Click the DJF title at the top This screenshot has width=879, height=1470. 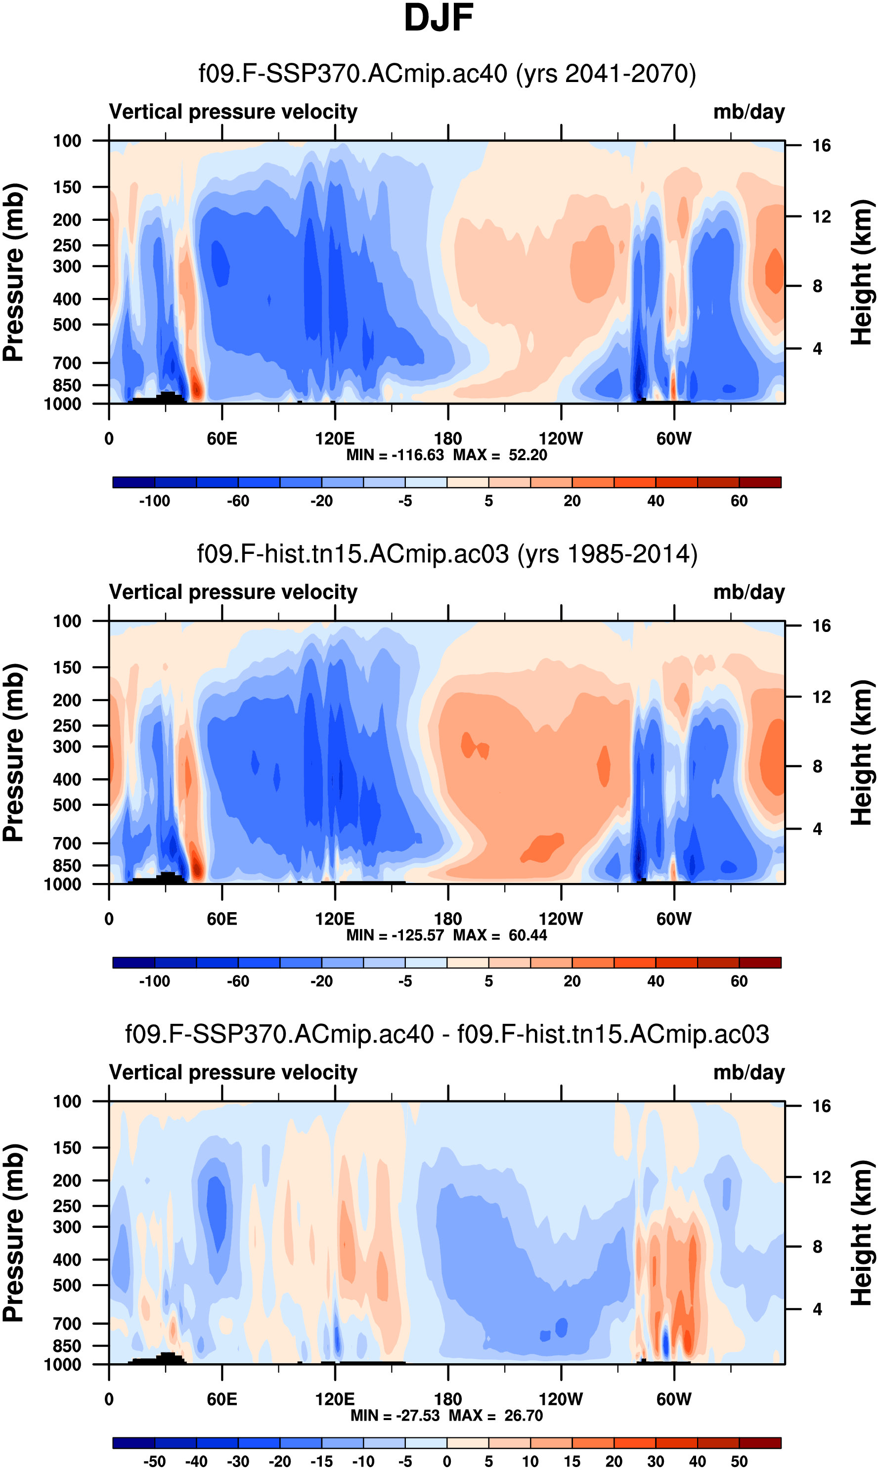pos(439,18)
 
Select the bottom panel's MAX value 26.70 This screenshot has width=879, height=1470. pos(523,1416)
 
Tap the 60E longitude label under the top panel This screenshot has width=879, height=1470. pos(222,439)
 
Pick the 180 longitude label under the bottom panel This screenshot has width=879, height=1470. pos(448,1399)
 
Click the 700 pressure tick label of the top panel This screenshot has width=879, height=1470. pos(67,363)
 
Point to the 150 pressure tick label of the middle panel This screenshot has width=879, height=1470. pos(67,667)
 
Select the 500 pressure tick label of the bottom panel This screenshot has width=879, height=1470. pos(67,1285)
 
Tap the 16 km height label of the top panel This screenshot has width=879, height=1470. pos(821,146)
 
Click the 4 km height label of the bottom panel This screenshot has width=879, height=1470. pos(817,1309)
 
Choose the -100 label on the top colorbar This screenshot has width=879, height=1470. pos(155,502)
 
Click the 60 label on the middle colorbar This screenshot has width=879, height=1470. pos(739,982)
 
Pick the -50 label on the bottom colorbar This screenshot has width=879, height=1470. pos(155,1462)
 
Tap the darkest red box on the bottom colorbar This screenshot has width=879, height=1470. pos(760,1443)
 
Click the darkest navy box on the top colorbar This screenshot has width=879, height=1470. pos(134,482)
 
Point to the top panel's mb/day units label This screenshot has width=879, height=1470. pos(748,112)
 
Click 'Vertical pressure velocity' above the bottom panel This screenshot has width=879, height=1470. pos(233,1072)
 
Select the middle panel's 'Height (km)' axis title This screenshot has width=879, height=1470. pos(862,753)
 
